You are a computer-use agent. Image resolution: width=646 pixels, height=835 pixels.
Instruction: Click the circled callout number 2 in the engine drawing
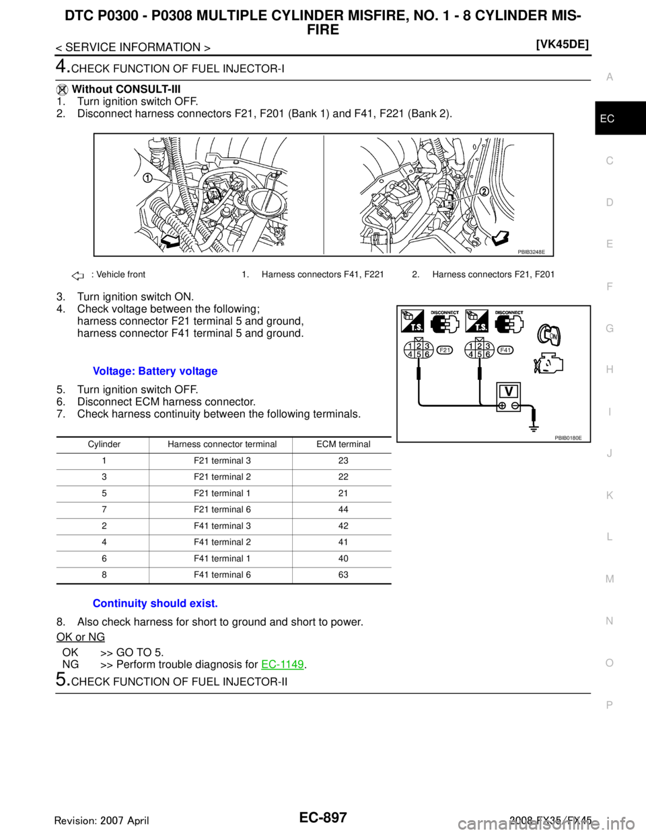[x=483, y=192]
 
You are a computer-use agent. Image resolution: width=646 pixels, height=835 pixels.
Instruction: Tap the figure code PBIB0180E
[x=568, y=437]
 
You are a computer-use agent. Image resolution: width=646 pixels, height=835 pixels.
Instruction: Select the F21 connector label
[x=445, y=350]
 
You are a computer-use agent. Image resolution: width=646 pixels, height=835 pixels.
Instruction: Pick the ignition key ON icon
[x=550, y=335]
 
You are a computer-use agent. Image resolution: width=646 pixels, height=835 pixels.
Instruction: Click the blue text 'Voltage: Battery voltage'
[x=155, y=372]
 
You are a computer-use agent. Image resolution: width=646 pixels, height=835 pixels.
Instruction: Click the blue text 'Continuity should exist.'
[x=155, y=604]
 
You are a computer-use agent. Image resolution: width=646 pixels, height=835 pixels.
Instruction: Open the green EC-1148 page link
[x=283, y=664]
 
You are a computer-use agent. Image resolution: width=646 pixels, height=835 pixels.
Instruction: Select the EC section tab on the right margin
[x=607, y=119]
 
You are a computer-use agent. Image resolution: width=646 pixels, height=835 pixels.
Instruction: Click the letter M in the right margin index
[x=609, y=579]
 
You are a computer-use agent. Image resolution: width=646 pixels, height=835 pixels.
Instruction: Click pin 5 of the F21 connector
[x=419, y=355]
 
